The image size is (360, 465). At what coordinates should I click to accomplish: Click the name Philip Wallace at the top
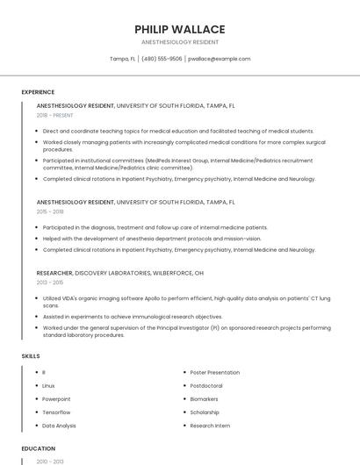tap(180, 29)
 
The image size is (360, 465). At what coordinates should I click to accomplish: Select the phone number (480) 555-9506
tap(162, 59)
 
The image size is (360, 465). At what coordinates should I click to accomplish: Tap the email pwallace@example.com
tap(220, 59)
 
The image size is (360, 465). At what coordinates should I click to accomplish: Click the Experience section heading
tap(38, 92)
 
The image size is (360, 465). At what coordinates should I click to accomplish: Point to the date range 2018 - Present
tap(54, 115)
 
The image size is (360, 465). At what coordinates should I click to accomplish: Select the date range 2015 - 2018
tap(50, 211)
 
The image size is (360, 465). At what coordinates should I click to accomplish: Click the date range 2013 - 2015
tap(50, 283)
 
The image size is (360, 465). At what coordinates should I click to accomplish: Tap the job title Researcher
tap(54, 273)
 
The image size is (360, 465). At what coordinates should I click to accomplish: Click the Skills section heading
tap(30, 355)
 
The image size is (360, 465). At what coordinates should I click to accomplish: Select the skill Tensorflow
tap(56, 412)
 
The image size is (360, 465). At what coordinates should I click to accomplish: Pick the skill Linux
tap(48, 386)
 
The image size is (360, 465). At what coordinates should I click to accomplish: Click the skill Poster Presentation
tap(215, 373)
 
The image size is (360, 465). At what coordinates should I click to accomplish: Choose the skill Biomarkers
tap(205, 399)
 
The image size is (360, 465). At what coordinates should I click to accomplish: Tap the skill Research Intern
tap(210, 426)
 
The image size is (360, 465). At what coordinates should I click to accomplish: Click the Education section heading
tap(38, 448)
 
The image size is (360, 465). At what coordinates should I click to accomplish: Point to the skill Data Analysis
tap(59, 426)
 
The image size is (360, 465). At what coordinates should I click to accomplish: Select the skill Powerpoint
tap(56, 399)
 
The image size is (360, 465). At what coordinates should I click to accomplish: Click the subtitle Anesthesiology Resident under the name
tap(180, 42)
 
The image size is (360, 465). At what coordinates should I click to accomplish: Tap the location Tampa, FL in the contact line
tap(122, 59)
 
